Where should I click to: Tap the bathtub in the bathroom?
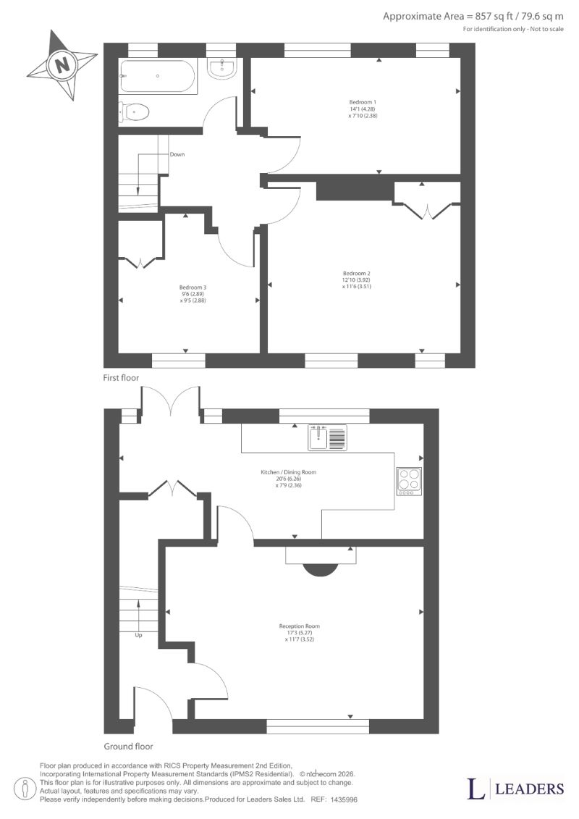[x=158, y=76]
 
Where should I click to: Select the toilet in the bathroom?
[x=134, y=112]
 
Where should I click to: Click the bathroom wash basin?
[x=224, y=68]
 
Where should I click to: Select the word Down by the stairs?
[x=177, y=155]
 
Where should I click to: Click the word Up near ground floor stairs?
[x=138, y=635]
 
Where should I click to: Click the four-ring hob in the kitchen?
[x=409, y=481]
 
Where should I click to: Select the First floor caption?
[x=121, y=378]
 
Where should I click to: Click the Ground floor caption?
[x=128, y=747]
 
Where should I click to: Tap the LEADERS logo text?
[x=529, y=789]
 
